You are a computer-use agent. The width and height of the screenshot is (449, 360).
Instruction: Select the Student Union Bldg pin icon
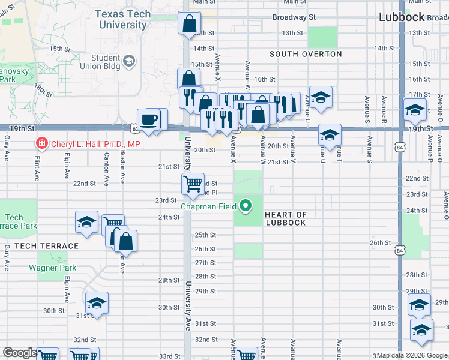coord(130,61)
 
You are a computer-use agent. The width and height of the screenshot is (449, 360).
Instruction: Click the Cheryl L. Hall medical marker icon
coord(41,143)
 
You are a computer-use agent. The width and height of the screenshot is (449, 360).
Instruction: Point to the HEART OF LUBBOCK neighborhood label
coord(286,219)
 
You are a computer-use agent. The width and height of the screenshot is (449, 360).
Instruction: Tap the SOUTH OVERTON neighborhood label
coord(306,54)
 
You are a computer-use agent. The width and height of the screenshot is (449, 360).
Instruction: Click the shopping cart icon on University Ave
coord(193,184)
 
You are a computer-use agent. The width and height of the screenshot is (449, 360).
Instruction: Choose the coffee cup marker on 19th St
coord(148,119)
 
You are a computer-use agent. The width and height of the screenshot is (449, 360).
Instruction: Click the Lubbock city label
coord(402,17)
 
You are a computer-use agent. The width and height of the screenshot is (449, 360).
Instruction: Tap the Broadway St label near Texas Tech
coord(294,17)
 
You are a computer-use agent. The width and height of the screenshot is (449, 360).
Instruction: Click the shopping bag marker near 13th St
coord(190,24)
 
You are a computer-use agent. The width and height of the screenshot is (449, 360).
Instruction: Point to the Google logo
coord(20,353)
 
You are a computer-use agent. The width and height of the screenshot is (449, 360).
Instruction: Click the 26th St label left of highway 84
coord(380,243)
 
